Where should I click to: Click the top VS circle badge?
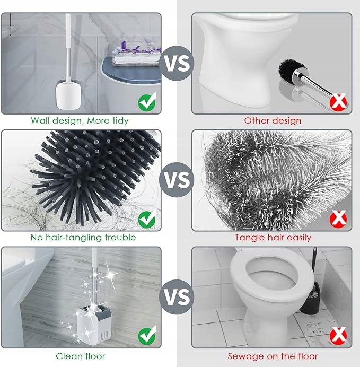(177, 63)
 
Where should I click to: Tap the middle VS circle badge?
(177, 180)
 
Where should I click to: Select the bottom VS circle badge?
(177, 297)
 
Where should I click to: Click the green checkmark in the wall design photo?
(147, 102)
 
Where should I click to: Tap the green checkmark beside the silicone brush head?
(147, 219)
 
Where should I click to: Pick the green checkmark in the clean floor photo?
(147, 335)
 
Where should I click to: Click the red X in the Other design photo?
(338, 102)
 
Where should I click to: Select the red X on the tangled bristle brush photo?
(338, 219)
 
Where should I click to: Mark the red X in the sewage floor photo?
(338, 336)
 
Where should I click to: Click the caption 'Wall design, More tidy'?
(80, 121)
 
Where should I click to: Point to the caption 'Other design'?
(273, 121)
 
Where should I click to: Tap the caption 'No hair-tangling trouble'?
(83, 238)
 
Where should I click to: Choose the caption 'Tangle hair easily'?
(273, 238)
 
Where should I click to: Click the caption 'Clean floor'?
(81, 356)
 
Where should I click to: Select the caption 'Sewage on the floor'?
(273, 356)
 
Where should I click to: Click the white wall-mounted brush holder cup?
(68, 94)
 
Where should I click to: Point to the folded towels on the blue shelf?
(137, 56)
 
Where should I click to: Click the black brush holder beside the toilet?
(310, 299)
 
